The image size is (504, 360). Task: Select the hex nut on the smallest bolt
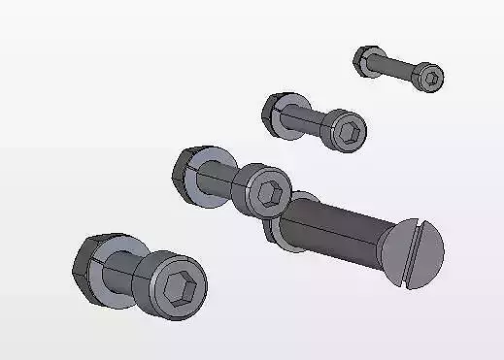pyautogui.click(x=365, y=61)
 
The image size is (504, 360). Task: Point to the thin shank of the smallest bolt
pyautogui.click(x=398, y=70)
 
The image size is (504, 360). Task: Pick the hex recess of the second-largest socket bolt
pyautogui.click(x=272, y=192)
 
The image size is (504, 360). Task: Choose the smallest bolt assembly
pyautogui.click(x=398, y=70)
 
